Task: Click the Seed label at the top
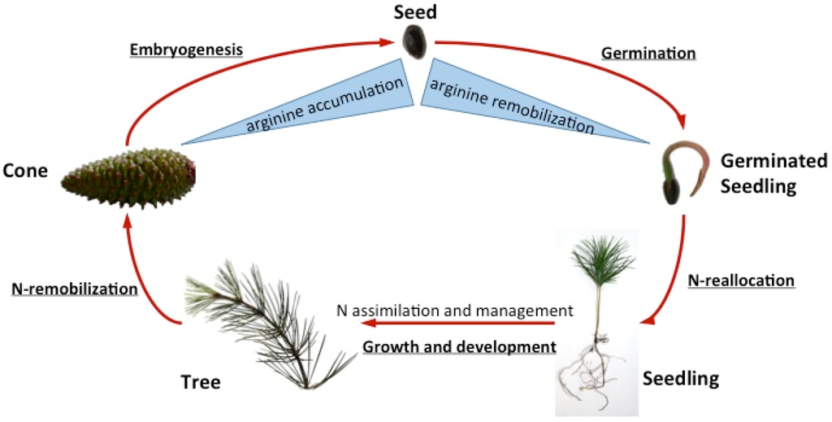pyautogui.click(x=417, y=13)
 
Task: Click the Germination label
pyautogui.click(x=648, y=53)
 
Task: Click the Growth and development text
pyautogui.click(x=459, y=346)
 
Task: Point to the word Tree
pyautogui.click(x=200, y=382)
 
